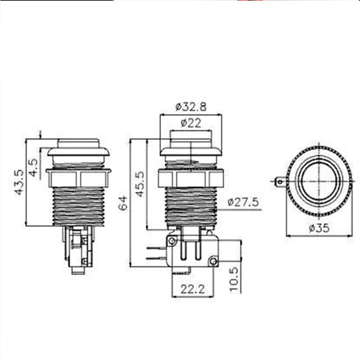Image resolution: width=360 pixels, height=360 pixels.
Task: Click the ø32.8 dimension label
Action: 191,107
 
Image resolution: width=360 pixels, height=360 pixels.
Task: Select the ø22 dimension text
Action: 191,123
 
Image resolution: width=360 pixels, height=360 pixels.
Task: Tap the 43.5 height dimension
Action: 19,182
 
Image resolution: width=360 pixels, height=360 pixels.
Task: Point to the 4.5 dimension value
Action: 34,167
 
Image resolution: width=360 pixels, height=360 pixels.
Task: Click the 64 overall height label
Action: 123,203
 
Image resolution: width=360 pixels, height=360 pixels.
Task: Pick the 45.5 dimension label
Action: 140,184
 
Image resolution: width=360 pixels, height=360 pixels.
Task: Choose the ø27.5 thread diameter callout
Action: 243,202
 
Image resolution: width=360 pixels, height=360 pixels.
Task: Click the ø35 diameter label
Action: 319,228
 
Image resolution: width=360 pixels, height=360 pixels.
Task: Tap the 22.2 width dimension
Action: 193,289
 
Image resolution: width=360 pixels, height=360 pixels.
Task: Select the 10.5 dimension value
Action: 235,279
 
